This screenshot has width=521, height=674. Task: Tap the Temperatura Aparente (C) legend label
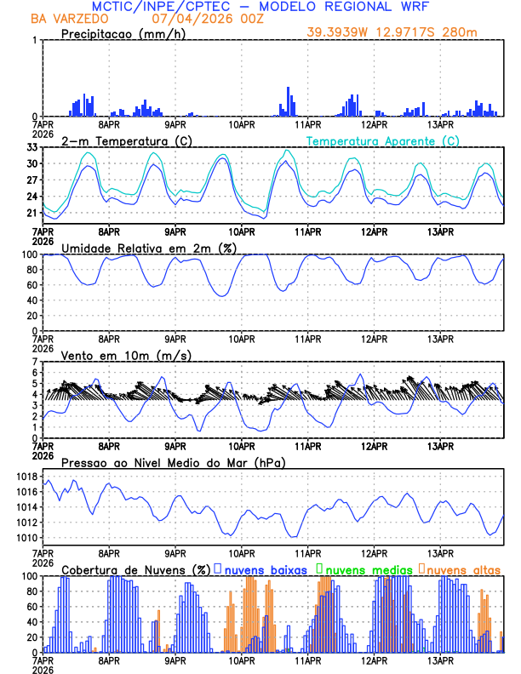point(383,140)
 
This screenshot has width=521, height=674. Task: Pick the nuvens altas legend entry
point(460,568)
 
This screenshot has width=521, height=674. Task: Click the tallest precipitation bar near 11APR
point(289,101)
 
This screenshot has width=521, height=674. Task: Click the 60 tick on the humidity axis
point(32,285)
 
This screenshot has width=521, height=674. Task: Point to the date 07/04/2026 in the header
point(187,19)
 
